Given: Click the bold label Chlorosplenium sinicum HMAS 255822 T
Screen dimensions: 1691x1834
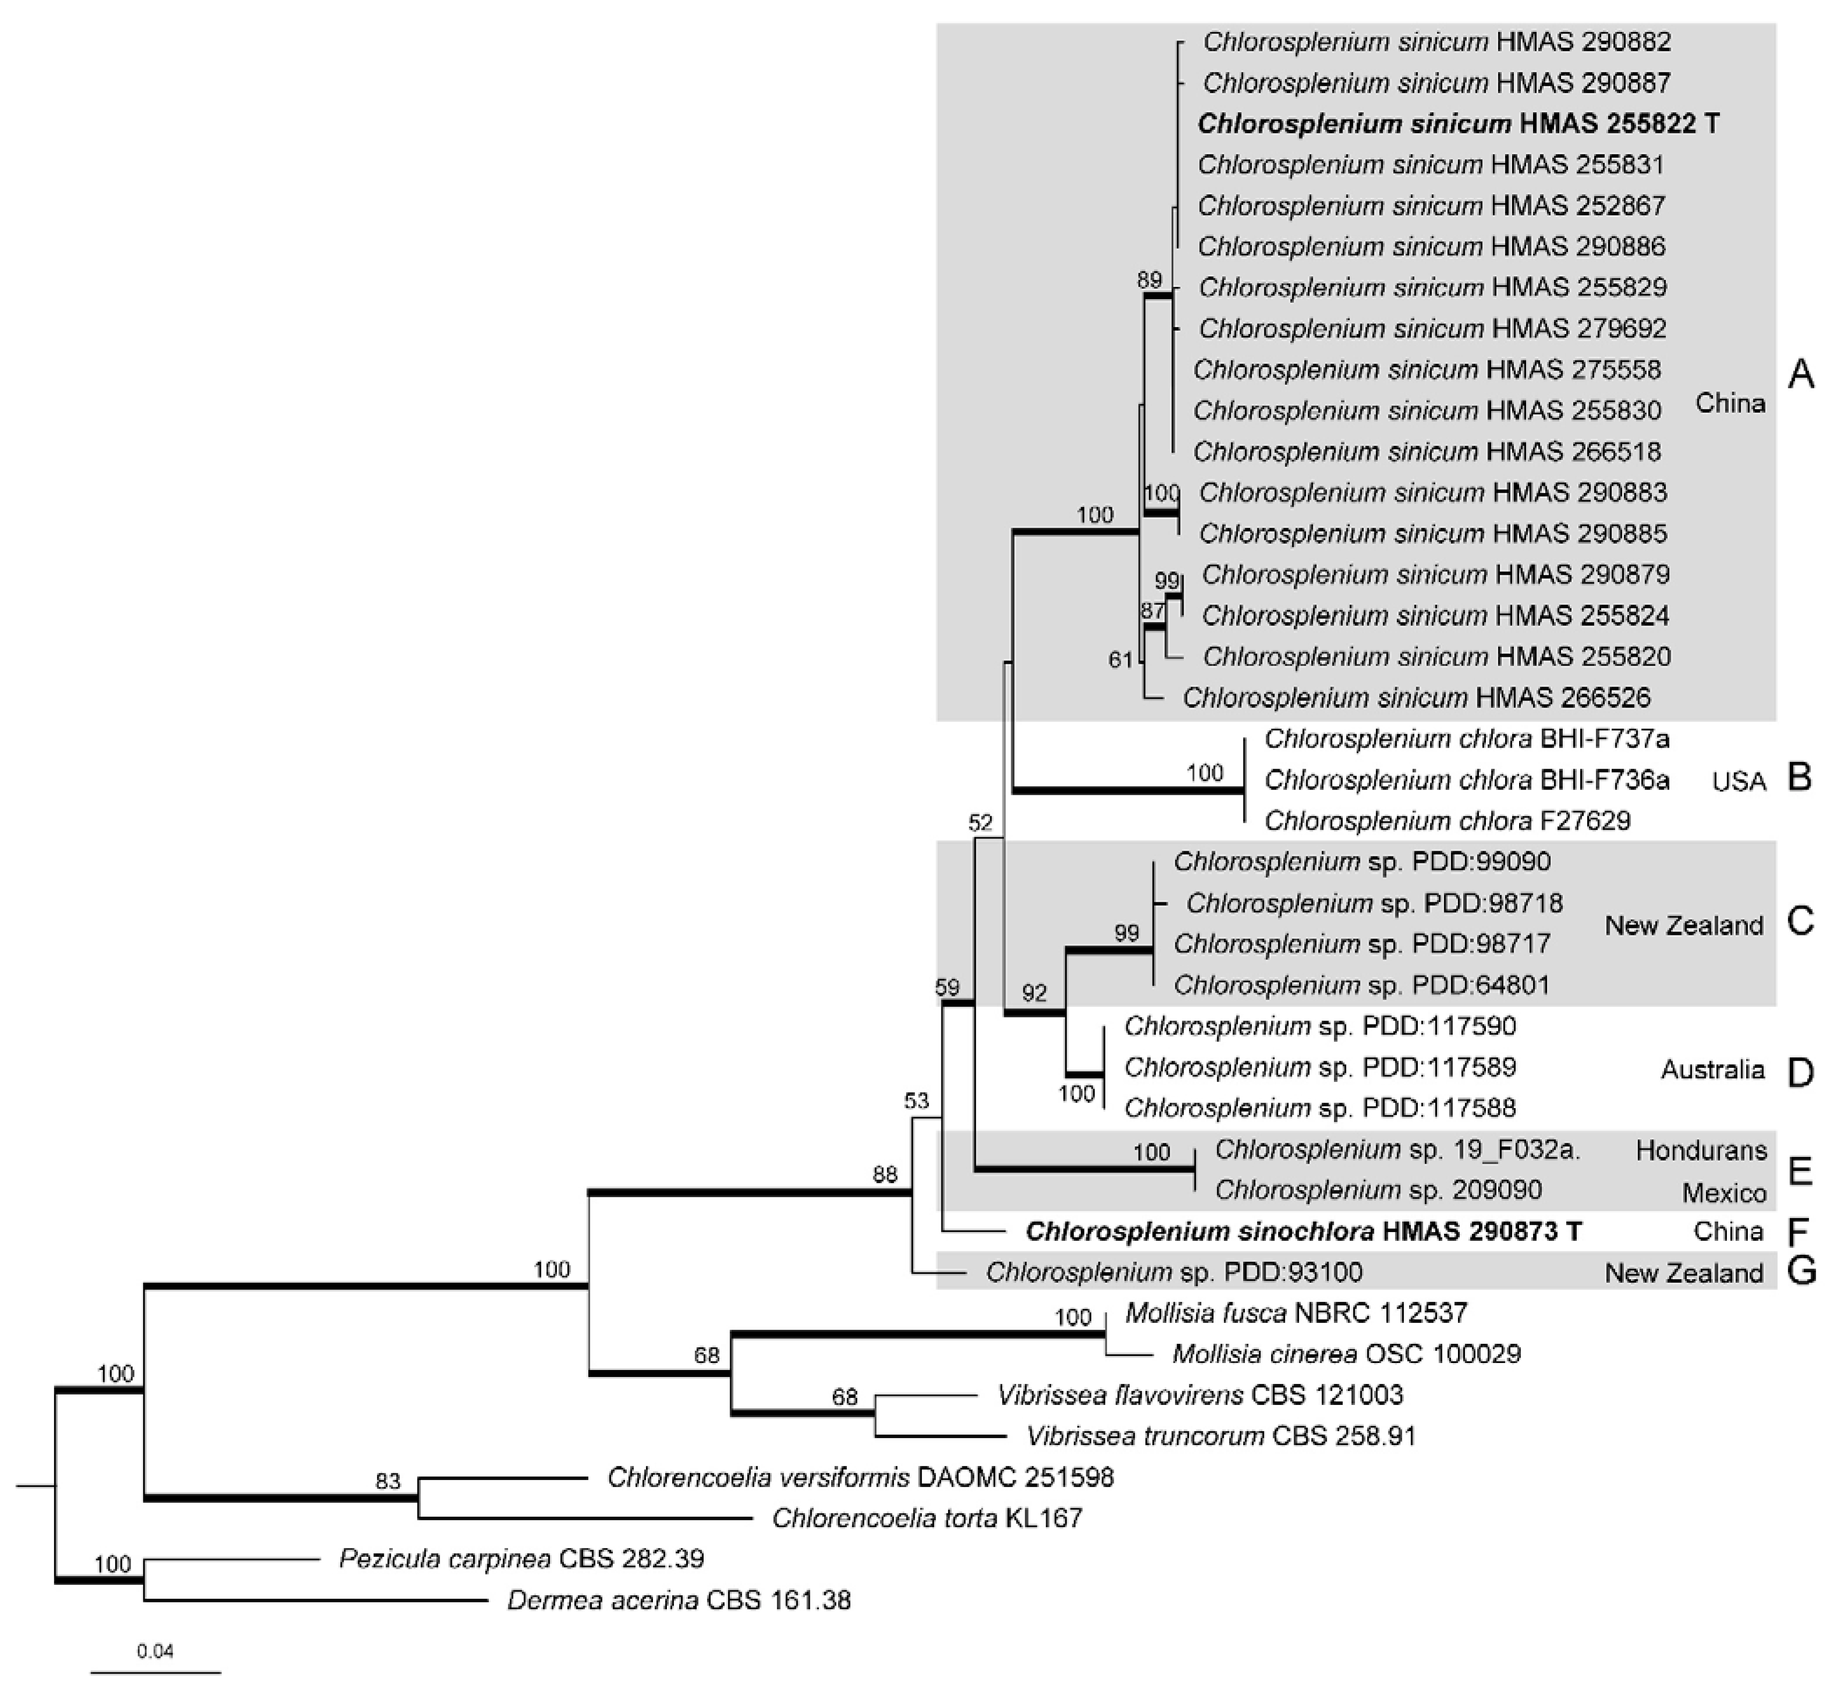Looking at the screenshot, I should (1458, 124).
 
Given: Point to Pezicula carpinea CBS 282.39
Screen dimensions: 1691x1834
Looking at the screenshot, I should (522, 1558).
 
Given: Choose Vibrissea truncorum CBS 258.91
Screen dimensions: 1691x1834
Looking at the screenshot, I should (1221, 1436).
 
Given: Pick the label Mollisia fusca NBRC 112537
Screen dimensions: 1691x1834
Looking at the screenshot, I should (1296, 1313).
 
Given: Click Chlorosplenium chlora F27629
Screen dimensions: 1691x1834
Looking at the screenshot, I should (1447, 821).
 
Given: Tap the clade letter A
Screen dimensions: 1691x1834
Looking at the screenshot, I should (1800, 373).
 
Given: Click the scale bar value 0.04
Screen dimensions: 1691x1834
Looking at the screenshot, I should (155, 1652).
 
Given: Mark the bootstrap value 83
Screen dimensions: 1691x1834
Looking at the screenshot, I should (388, 1480).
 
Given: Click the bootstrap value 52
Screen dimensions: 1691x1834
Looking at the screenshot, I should (980, 823).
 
